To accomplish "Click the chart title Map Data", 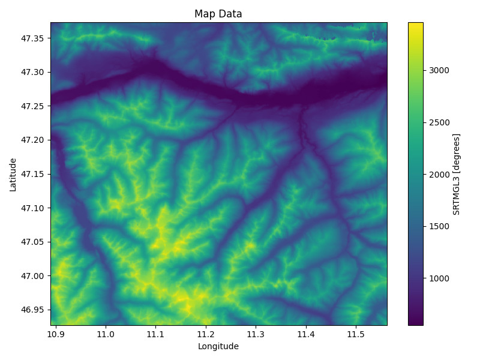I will [218, 14].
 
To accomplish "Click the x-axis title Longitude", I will [218, 346].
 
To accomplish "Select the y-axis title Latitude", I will [13, 174].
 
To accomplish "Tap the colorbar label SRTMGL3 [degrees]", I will [457, 174].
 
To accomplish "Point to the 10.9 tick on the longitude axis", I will [55, 334].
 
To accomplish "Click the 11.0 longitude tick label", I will [106, 334].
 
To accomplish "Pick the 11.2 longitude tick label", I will [206, 334].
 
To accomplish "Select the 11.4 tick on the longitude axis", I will [306, 334].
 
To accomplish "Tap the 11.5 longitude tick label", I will [356, 334].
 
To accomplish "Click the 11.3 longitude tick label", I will [256, 334].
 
